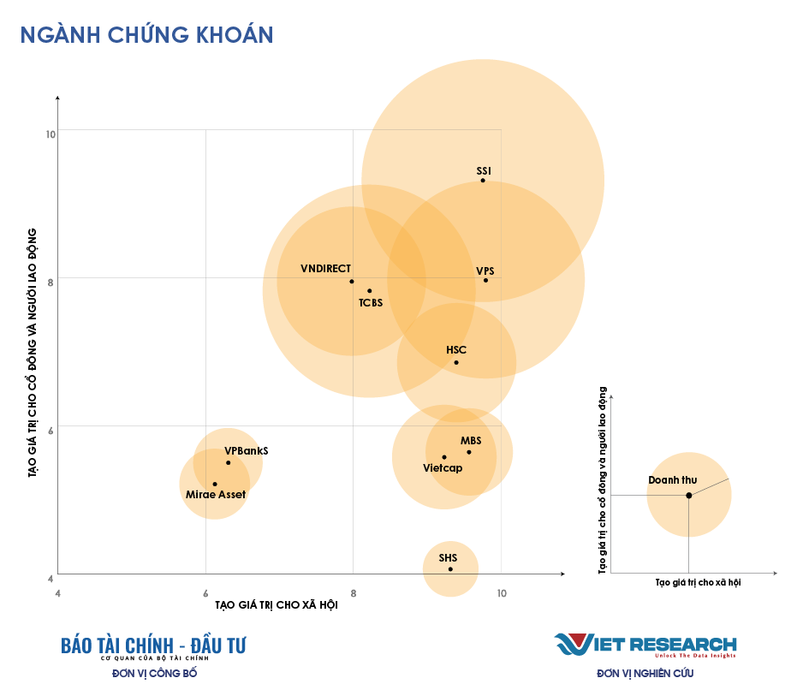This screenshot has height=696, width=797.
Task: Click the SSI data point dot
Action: coord(483,180)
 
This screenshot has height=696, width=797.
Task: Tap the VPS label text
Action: coord(485,271)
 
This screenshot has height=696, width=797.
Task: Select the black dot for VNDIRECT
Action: coord(352,281)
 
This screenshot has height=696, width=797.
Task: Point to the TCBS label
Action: coord(371,302)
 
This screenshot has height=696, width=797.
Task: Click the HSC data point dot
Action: coord(456,362)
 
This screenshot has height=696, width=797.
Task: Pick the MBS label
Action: coord(471,441)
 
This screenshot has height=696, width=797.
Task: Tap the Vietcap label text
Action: coord(443,468)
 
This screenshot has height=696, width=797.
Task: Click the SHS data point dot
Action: coord(450,569)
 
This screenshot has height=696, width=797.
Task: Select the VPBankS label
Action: coord(247,450)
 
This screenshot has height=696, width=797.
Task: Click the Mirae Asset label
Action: coord(216,495)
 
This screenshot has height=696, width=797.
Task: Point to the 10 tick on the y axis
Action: coord(51,134)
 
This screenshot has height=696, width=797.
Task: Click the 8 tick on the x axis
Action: coord(354,593)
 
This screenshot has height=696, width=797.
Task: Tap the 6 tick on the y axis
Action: coord(51,430)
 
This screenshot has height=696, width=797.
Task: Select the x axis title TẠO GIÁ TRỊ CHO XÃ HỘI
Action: coord(277,605)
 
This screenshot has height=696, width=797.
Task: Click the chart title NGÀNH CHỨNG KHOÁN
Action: coord(146,34)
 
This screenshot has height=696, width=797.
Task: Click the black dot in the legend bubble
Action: coord(688,495)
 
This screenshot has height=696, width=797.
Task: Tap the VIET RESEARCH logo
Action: coord(645,645)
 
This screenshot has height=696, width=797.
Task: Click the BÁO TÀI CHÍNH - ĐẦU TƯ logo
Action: coord(153,647)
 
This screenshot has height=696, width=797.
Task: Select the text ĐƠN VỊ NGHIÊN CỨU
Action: coord(645,674)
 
